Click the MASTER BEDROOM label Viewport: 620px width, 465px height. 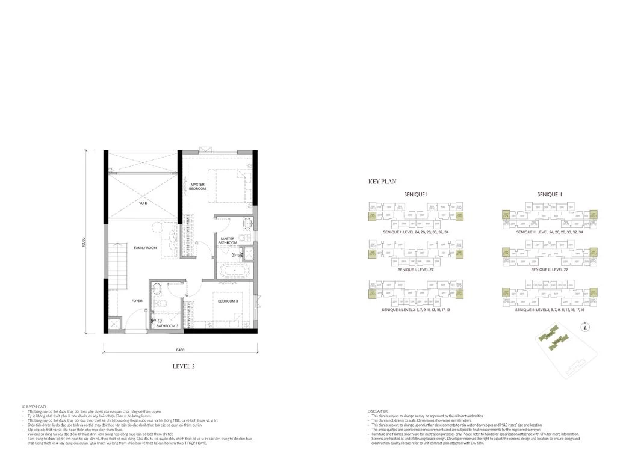198,186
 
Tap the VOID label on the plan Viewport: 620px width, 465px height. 143,203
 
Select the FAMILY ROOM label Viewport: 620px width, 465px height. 145,248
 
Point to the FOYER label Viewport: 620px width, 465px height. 137,300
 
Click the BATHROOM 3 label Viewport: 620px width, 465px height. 167,326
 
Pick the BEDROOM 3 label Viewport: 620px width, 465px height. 228,301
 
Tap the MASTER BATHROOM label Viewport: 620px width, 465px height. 228,241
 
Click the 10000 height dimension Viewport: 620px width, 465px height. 87,241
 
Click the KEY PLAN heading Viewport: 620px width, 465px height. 383,180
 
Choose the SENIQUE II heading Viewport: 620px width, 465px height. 549,194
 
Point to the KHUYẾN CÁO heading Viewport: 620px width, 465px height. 33,407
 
